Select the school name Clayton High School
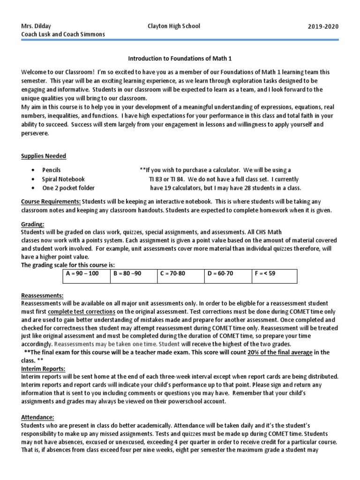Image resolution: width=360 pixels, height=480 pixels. point(173,26)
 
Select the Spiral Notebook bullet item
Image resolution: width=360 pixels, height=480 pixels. point(63,179)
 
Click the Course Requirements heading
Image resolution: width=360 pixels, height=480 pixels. point(51,202)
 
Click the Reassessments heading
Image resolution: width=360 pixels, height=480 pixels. point(42,296)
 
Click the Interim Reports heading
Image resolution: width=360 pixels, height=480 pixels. point(43,368)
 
